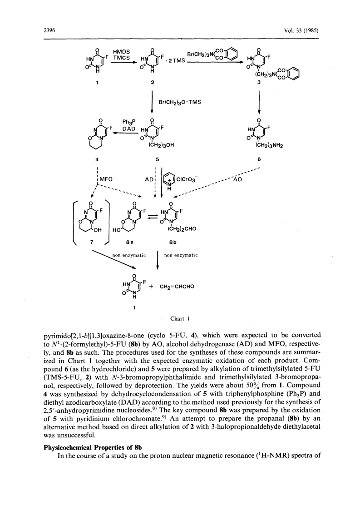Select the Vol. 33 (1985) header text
point(301,30)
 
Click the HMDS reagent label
point(121,52)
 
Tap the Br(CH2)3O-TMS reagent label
point(179,102)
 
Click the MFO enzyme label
point(106,179)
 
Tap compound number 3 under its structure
point(259,82)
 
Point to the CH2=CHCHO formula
point(177,287)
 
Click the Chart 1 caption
point(180,319)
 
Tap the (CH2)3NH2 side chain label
point(269,146)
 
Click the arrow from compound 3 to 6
point(259,102)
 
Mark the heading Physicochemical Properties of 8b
point(93,447)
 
